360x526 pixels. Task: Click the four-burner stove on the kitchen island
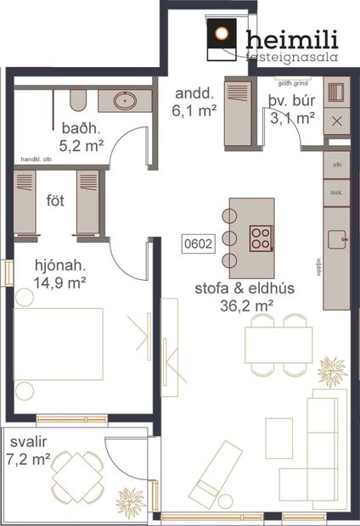260,236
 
